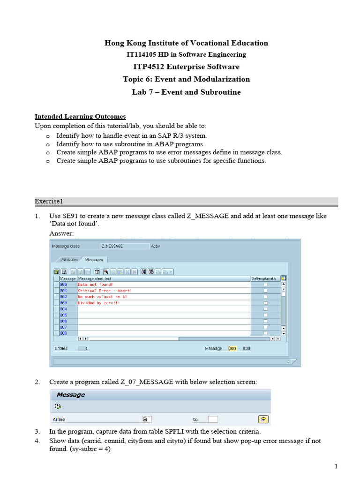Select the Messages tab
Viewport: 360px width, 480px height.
tap(95, 259)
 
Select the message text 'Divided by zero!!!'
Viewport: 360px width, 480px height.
tap(98, 303)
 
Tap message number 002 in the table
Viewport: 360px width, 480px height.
tap(64, 297)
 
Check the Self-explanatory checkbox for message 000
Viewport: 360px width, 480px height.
tap(265, 285)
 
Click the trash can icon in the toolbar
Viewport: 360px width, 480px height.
tap(97, 271)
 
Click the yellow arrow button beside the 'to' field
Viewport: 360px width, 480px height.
tap(263, 419)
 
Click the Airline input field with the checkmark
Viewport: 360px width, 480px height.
tap(146, 419)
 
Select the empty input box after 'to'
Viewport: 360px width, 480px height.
tap(213, 419)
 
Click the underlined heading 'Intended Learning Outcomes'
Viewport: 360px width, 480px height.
tap(80, 116)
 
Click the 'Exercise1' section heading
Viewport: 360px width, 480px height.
tap(49, 202)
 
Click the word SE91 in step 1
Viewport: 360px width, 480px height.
tap(70, 216)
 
